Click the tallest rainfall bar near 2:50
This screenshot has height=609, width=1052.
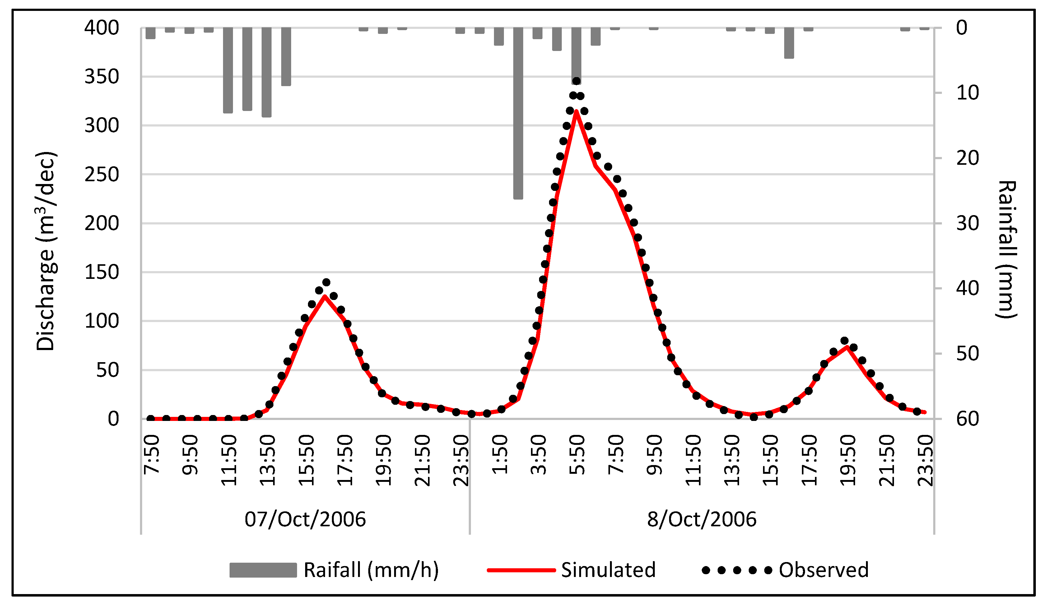pos(518,113)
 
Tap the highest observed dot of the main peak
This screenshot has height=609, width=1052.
pos(576,81)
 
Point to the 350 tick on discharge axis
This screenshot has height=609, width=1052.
pos(101,77)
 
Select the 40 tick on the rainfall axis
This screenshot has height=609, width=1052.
pos(967,288)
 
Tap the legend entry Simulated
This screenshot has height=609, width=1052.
pos(608,570)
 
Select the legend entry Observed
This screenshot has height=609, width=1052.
pos(823,570)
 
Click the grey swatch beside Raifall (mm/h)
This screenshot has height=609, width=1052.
pos(263,570)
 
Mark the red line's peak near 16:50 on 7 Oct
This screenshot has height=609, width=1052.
pos(325,296)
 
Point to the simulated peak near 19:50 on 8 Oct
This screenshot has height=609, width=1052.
pos(847,347)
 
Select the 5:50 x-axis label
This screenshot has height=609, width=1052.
pos(577,455)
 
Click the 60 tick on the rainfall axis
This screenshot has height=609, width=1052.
pos(967,419)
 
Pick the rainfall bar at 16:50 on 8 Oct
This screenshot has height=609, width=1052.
pos(789,43)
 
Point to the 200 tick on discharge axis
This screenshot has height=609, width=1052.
pos(101,224)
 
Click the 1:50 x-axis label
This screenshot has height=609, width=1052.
pos(500,455)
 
